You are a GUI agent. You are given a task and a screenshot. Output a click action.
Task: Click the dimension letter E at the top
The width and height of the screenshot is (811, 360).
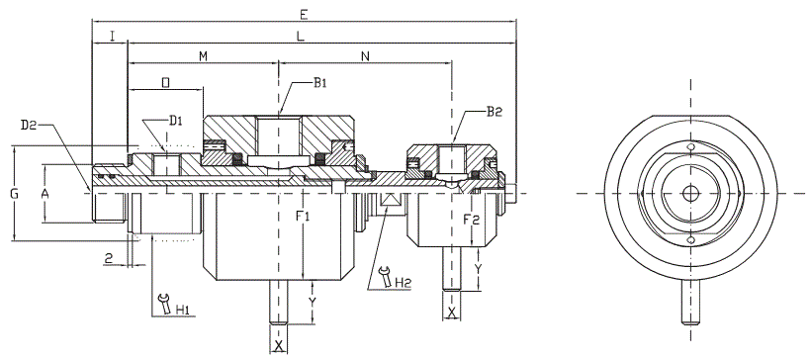click(x=305, y=15)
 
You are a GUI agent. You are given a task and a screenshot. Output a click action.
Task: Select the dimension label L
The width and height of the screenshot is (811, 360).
click(x=301, y=36)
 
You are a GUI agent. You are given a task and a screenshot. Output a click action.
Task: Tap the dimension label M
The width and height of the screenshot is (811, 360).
click(x=204, y=56)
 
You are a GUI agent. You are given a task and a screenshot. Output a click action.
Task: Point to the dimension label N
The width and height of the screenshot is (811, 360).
click(x=365, y=56)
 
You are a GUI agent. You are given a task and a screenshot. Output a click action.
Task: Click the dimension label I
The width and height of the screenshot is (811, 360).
click(x=112, y=36)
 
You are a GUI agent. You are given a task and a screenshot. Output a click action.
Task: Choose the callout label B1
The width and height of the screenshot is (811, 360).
click(x=320, y=83)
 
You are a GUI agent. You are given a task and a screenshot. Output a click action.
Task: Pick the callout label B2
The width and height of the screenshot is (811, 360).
click(x=495, y=111)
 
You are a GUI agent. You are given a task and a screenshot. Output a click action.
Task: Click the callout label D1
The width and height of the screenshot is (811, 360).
click(x=176, y=121)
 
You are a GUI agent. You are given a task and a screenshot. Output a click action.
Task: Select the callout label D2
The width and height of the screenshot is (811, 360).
click(x=28, y=125)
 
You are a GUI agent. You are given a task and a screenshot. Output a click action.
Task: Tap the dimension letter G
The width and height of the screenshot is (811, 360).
click(x=15, y=194)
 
